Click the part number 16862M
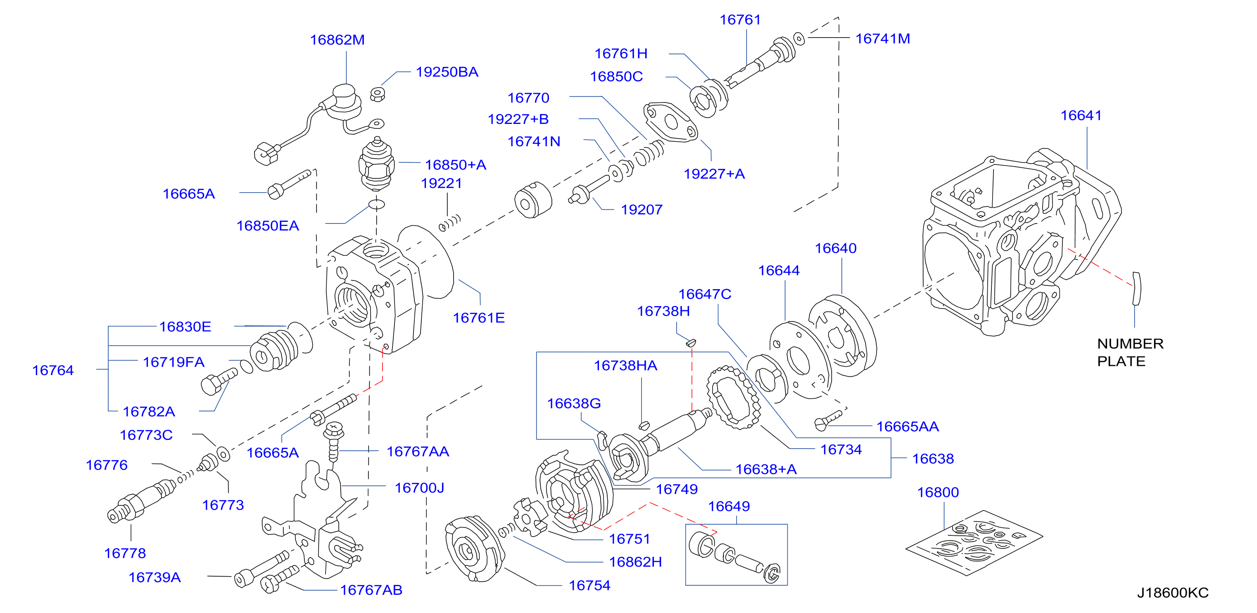click(x=337, y=40)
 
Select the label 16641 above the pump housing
click(x=1081, y=116)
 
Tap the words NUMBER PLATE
click(x=1130, y=352)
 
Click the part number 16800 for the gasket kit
click(x=938, y=492)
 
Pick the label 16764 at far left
click(x=53, y=371)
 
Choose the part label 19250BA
click(x=447, y=72)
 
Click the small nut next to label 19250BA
click(x=378, y=94)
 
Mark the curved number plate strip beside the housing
click(x=1136, y=288)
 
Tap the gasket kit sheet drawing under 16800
click(x=974, y=543)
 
